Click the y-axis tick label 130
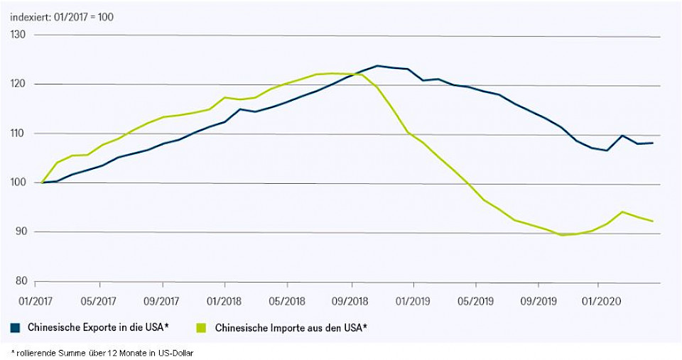[x=18, y=35]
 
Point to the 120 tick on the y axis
[x=18, y=84]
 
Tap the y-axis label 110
[x=18, y=133]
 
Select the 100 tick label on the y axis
[x=18, y=182]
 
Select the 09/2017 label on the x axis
[x=162, y=300]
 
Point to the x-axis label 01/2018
[x=224, y=300]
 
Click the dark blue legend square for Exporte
[x=15, y=327]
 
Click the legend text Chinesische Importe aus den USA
[x=291, y=327]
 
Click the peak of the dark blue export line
[x=377, y=65]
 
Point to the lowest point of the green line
[x=563, y=234]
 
